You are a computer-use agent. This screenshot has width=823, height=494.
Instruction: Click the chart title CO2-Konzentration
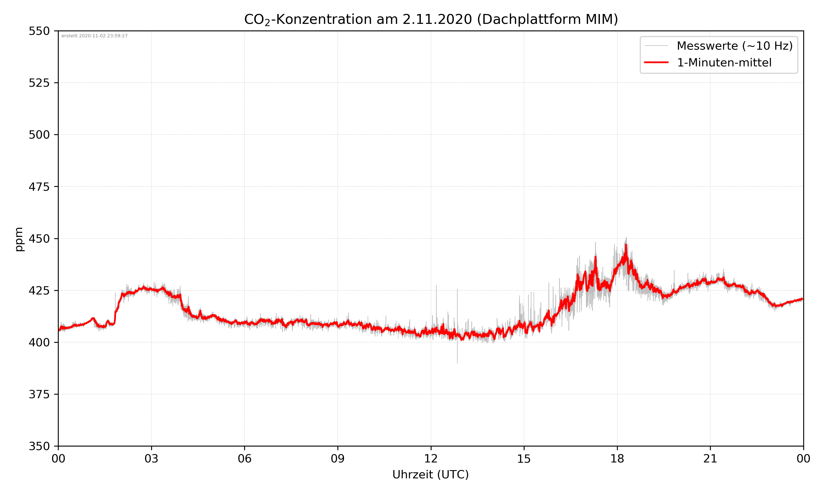[x=431, y=19]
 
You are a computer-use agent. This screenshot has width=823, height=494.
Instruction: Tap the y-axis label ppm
[x=19, y=239]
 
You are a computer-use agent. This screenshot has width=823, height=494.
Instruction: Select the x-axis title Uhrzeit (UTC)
[x=430, y=474]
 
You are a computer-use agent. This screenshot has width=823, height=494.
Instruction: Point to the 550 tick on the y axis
[x=39, y=31]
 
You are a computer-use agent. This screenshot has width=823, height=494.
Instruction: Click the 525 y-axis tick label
[x=39, y=83]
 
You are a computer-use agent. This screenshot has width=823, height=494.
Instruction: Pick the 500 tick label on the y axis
[x=39, y=135]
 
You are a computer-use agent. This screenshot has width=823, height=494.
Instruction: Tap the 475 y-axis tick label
[x=39, y=187]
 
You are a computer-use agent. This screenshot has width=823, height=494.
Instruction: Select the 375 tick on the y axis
[x=39, y=394]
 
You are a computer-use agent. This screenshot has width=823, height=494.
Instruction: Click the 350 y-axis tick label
[x=39, y=446]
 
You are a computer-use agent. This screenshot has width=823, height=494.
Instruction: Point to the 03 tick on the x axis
[x=151, y=459]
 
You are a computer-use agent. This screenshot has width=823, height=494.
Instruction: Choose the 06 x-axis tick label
[x=244, y=459]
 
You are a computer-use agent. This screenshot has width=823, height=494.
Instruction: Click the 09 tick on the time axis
[x=338, y=459]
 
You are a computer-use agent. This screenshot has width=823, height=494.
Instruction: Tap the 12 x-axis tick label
[x=431, y=459]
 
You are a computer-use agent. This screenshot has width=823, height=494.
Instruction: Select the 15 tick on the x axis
[x=524, y=459]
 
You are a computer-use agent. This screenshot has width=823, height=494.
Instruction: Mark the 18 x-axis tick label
[x=617, y=459]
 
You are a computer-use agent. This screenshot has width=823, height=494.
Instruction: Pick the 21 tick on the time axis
[x=710, y=459]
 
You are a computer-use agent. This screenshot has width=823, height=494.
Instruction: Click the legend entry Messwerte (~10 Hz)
[x=734, y=46]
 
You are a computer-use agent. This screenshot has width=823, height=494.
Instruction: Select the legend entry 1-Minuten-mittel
[x=724, y=63]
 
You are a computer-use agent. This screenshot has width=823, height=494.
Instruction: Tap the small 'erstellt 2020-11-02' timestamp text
[x=94, y=36]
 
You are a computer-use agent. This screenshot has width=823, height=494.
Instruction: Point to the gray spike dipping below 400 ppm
[x=457, y=356]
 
